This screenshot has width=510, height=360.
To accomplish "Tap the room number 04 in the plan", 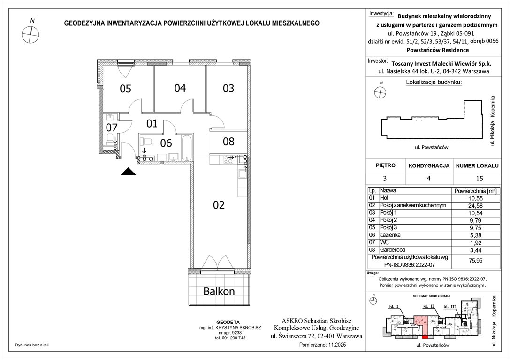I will point(180,88).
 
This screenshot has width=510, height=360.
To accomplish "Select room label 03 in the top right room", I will point(228,88).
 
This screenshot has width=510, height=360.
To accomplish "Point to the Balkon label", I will point(219,291).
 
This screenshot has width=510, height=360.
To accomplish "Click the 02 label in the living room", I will point(219,205).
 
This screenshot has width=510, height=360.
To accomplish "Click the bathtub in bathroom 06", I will point(186,147).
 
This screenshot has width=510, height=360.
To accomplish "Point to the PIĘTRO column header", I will point(385,165).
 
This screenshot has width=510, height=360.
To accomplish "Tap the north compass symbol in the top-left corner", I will point(31,33).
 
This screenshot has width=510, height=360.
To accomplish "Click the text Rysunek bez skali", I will point(31,345).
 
